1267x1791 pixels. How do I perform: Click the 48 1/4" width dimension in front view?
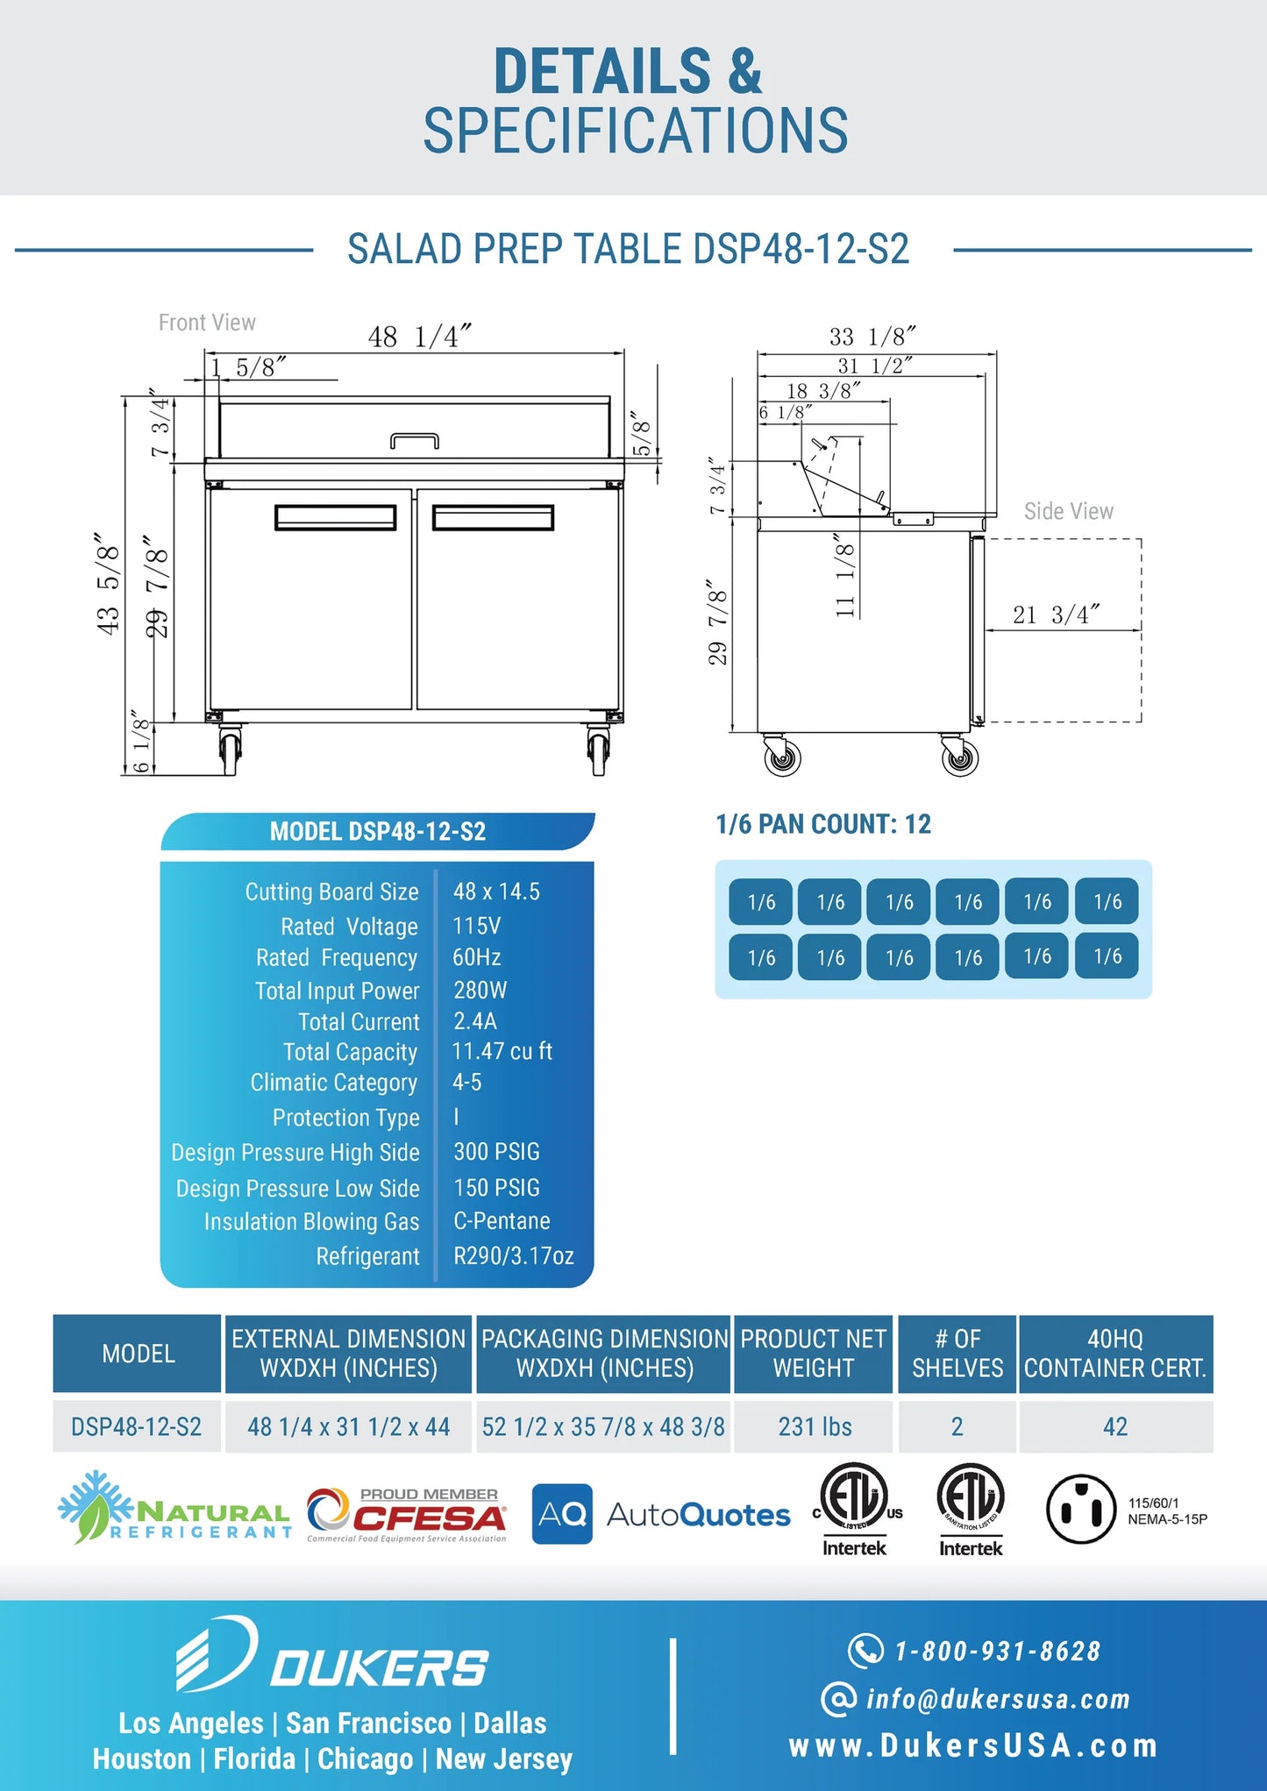coord(419,337)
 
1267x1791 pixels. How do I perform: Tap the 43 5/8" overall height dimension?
coord(107,583)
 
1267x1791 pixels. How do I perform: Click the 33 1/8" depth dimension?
coord(872,337)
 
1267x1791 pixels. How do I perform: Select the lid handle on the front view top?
coord(414,440)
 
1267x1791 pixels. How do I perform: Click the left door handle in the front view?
coord(335,517)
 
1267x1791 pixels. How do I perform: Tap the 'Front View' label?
coord(207,323)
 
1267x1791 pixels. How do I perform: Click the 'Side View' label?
coord(1068,511)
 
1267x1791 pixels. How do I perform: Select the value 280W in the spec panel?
coord(480,990)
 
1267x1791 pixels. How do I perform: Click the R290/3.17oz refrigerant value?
coord(513,1255)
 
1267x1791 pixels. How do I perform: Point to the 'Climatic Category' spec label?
coord(334,1083)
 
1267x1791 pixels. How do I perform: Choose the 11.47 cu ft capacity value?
coord(502,1051)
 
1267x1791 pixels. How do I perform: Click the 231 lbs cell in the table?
coord(815,1426)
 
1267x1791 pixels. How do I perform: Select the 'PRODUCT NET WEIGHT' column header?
coord(814,1354)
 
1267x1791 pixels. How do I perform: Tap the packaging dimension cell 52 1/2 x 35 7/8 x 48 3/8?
coord(603,1426)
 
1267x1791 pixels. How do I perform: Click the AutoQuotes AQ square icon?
coord(562,1513)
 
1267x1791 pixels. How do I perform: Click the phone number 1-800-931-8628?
coord(997,1651)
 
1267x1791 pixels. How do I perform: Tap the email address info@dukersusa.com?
coord(997,1699)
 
